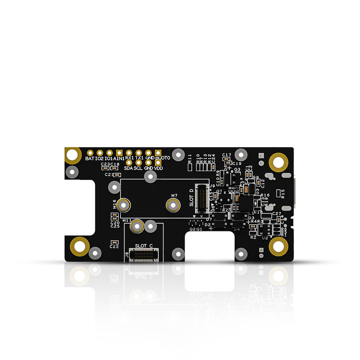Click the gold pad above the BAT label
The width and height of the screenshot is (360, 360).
(90, 153)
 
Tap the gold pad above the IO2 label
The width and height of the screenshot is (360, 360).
(99, 153)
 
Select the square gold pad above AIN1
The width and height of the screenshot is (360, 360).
(119, 153)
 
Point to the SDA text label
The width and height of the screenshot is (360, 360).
(129, 168)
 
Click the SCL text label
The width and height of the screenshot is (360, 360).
(138, 168)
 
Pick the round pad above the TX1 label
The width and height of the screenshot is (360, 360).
(139, 153)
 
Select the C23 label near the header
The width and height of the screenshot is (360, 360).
(105, 164)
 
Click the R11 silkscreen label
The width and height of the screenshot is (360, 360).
(190, 158)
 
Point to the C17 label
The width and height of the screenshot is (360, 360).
(227, 155)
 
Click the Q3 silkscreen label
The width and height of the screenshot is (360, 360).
(237, 169)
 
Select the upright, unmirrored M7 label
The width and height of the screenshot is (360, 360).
(174, 196)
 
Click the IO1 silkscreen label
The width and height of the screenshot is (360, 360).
(108, 158)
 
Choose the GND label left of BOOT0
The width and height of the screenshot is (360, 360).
(150, 158)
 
